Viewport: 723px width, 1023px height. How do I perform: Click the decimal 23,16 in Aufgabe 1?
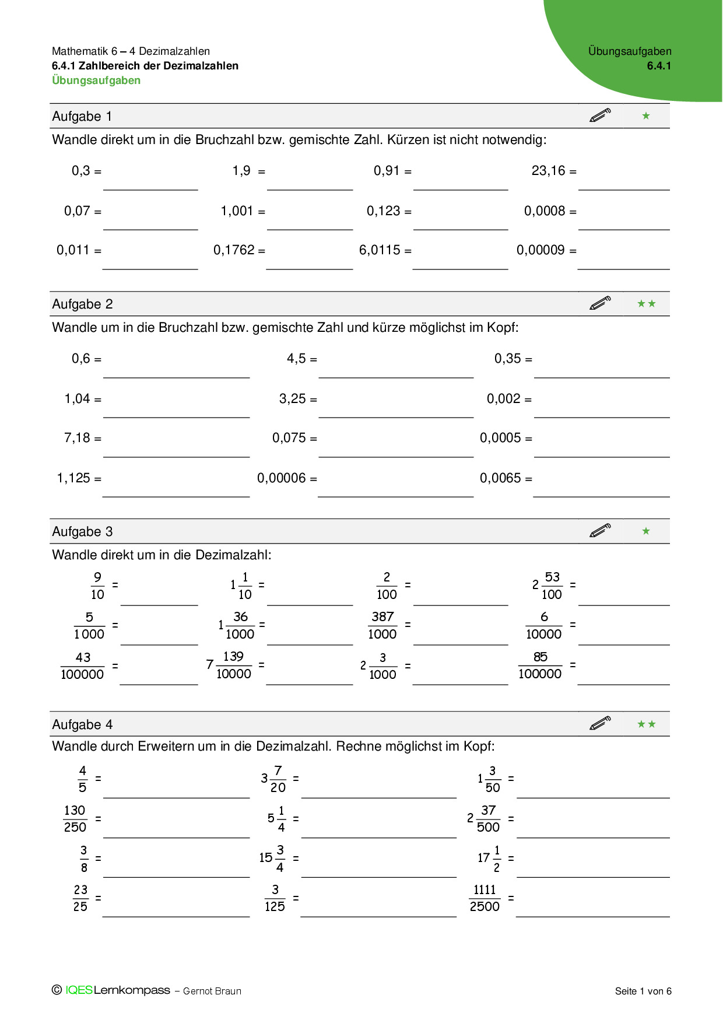(548, 171)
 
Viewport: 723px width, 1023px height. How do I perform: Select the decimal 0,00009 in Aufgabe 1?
(541, 250)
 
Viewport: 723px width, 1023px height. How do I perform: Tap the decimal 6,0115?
(380, 250)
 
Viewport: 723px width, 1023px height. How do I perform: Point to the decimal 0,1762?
(234, 250)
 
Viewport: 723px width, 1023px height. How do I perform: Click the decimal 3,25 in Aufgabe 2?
(292, 399)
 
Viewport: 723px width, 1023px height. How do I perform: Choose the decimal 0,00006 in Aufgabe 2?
(281, 478)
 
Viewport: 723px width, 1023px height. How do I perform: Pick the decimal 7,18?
(77, 438)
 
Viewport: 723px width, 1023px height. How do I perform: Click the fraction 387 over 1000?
(382, 625)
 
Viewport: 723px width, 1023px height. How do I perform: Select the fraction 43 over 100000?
(82, 665)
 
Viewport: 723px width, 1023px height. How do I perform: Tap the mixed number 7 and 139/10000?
(229, 665)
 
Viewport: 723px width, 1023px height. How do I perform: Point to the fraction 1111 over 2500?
(485, 898)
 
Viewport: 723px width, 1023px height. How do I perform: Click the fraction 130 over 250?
(75, 819)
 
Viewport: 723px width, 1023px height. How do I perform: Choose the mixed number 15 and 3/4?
(272, 859)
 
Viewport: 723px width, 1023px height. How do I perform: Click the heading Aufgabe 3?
(82, 532)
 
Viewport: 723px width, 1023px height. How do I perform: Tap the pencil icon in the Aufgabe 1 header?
(600, 115)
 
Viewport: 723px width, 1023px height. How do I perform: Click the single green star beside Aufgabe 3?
(646, 531)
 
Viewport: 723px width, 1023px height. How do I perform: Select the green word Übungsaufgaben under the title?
(96, 80)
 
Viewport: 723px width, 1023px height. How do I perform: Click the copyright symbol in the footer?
(57, 990)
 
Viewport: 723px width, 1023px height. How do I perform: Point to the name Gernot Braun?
(212, 991)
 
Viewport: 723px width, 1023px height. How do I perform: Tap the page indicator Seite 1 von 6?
(643, 991)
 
